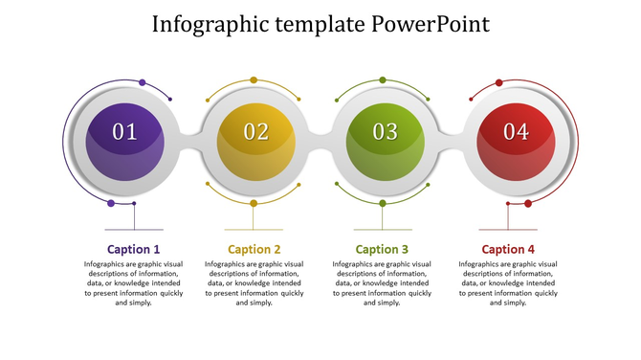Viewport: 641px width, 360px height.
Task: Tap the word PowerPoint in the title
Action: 430,23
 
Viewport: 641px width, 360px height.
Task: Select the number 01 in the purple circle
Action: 125,132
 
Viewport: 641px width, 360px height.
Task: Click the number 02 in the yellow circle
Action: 255,132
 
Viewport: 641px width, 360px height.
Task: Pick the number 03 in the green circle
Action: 385,132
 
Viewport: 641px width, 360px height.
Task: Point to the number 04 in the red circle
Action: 516,132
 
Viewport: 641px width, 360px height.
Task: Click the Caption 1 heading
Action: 133,249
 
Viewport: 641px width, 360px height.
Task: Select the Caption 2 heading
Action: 254,249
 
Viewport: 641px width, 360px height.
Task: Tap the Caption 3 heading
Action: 382,249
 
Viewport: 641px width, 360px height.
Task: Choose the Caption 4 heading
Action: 508,249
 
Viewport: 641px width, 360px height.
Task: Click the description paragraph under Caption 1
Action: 133,282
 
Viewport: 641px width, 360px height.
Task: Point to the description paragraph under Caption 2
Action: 254,282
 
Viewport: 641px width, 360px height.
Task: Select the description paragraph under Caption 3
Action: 382,282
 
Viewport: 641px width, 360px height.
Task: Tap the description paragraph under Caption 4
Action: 508,282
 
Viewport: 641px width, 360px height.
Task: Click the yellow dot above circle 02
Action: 254,80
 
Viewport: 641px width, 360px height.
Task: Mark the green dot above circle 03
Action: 383,80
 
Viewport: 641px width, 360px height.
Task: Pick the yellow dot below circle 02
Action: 254,203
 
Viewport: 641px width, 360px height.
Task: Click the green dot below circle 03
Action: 383,203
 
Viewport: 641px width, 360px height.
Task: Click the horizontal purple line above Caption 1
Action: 133,230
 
